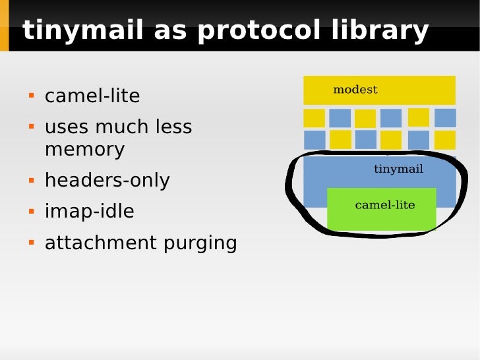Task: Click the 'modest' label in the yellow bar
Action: [355, 90]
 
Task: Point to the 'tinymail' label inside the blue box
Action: [398, 169]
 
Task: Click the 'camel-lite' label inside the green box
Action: [385, 205]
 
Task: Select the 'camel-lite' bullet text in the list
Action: [92, 96]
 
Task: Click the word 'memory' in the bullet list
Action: [84, 150]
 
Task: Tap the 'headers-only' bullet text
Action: [107, 181]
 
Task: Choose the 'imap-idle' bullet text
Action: [89, 212]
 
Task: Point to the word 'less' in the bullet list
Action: [171, 127]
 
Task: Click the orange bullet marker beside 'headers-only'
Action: [30, 180]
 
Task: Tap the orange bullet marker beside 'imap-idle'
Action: [30, 211]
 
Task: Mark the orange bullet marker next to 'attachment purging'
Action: [30, 242]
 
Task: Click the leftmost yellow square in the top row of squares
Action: [314, 118]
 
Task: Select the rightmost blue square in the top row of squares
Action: [445, 118]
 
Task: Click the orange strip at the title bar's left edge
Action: [4, 26]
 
